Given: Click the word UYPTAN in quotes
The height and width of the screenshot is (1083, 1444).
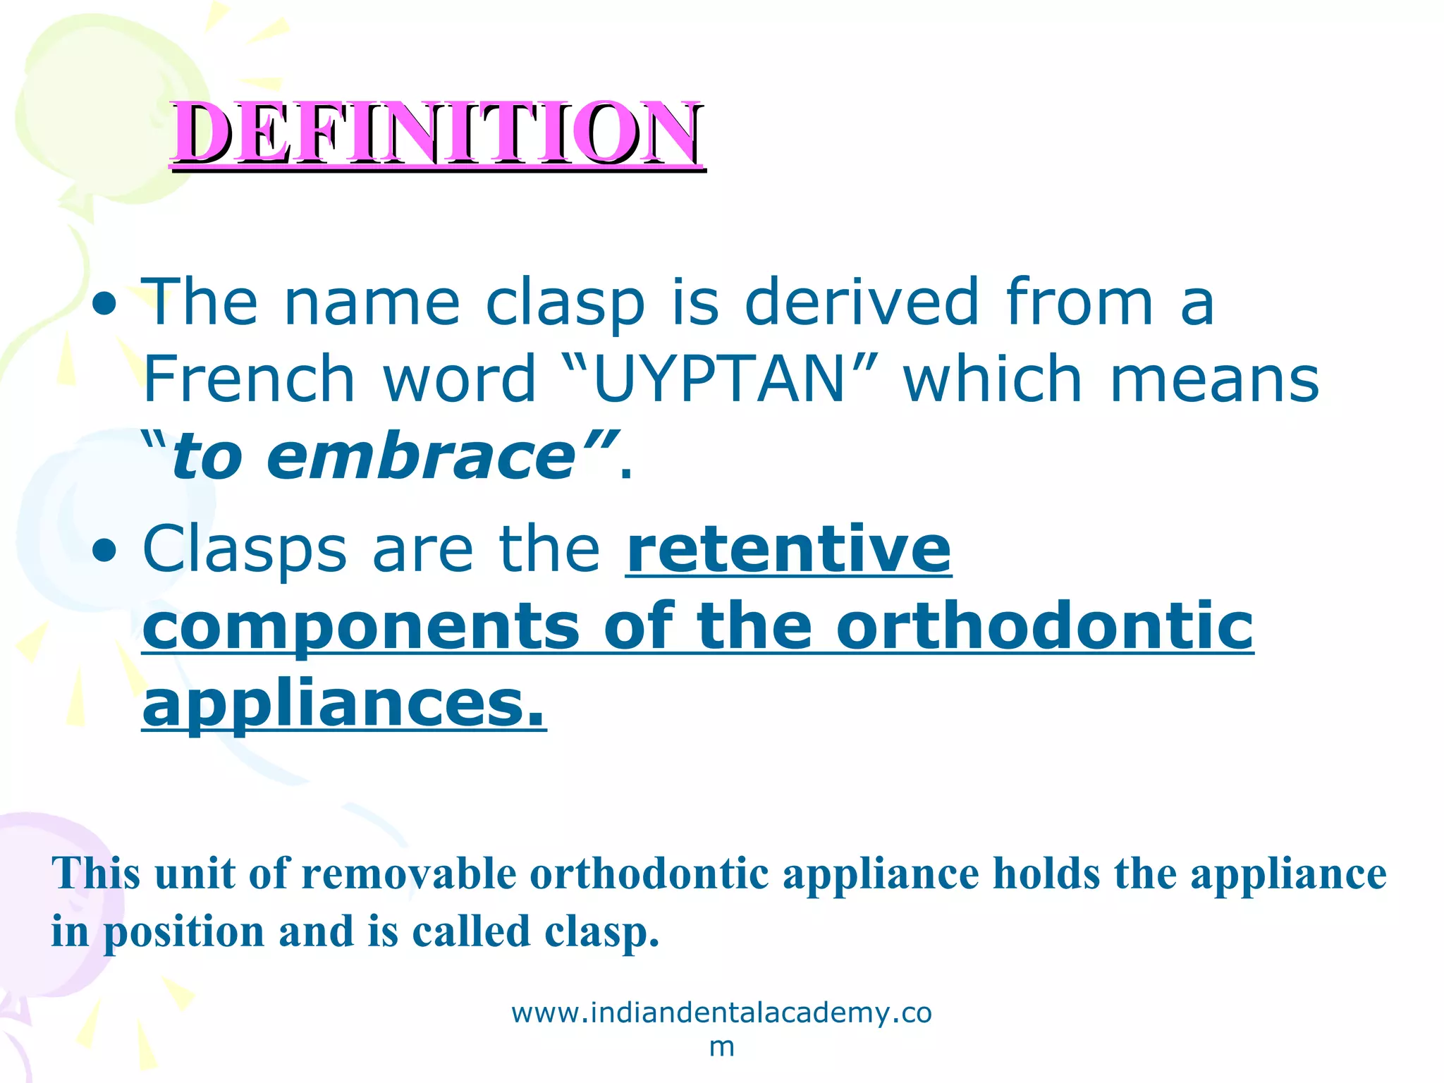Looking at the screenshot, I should click(719, 379).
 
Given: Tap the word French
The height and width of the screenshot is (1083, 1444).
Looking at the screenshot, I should click(248, 379).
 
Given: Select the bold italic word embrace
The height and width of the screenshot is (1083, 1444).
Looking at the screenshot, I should click(422, 457).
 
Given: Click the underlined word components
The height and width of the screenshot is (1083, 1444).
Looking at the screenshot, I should click(360, 628).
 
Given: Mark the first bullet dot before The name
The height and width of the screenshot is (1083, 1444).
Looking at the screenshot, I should click(105, 305).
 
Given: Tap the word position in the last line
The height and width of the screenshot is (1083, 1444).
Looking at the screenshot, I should click(184, 933).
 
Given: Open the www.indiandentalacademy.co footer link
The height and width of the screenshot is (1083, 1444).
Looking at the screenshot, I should click(721, 1013).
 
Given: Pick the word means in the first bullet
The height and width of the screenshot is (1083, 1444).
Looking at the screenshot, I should click(1214, 379).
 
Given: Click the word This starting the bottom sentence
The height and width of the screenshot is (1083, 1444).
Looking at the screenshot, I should click(96, 874).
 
